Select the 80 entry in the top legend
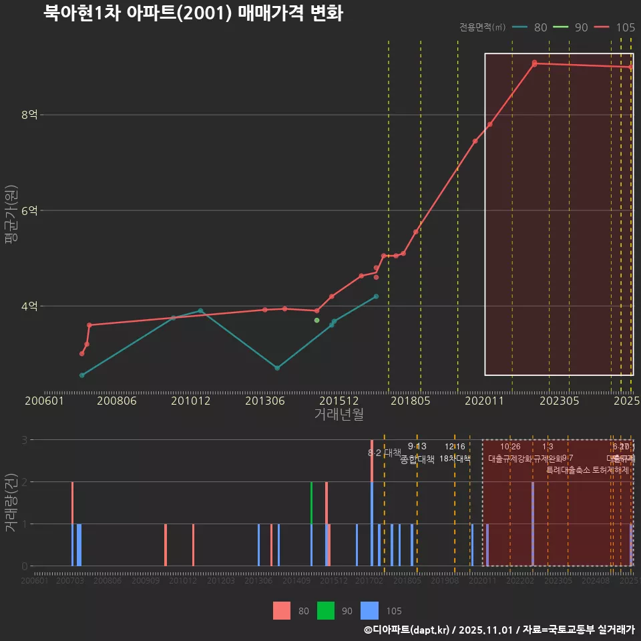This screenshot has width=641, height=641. pyautogui.click(x=540, y=27)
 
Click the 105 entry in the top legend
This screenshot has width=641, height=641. pyautogui.click(x=625, y=27)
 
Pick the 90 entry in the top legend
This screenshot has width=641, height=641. pyautogui.click(x=581, y=27)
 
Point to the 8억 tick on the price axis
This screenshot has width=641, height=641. pyautogui.click(x=29, y=115)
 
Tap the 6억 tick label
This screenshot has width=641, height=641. pyautogui.click(x=29, y=210)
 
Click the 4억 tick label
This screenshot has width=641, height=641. pyautogui.click(x=29, y=306)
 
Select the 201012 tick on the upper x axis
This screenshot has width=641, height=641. pyautogui.click(x=190, y=401)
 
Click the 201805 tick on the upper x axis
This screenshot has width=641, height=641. pyautogui.click(x=410, y=401)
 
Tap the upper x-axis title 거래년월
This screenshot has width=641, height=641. pyautogui.click(x=339, y=414)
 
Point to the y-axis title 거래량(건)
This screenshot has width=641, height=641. pyautogui.click(x=10, y=503)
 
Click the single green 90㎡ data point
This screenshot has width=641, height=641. pyautogui.click(x=316, y=320)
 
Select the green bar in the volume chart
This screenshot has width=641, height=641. pyautogui.click(x=311, y=523)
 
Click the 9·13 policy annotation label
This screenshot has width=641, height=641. pyautogui.click(x=417, y=446)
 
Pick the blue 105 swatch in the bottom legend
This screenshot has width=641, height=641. pyautogui.click(x=369, y=610)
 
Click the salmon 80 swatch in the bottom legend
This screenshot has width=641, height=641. pyautogui.click(x=282, y=610)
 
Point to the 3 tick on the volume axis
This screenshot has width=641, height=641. pyautogui.click(x=24, y=439)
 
